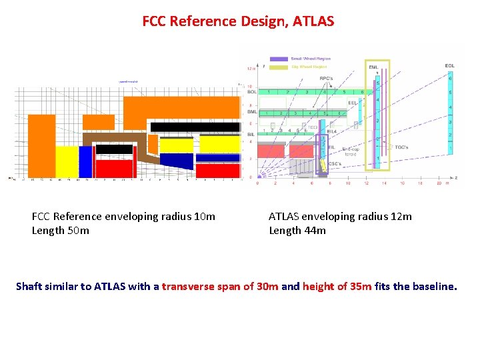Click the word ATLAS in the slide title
(311, 21)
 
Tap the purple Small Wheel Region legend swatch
(279, 59)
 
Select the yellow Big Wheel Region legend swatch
(279, 67)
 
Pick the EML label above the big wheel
(373, 66)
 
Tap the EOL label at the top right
(450, 65)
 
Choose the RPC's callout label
(327, 79)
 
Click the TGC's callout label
(402, 147)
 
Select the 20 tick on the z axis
(438, 183)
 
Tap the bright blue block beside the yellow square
(85, 162)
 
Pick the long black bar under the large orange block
(195, 127)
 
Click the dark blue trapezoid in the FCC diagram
(177, 159)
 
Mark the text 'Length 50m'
(60, 231)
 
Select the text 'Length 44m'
(297, 231)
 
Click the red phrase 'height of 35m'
(335, 287)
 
